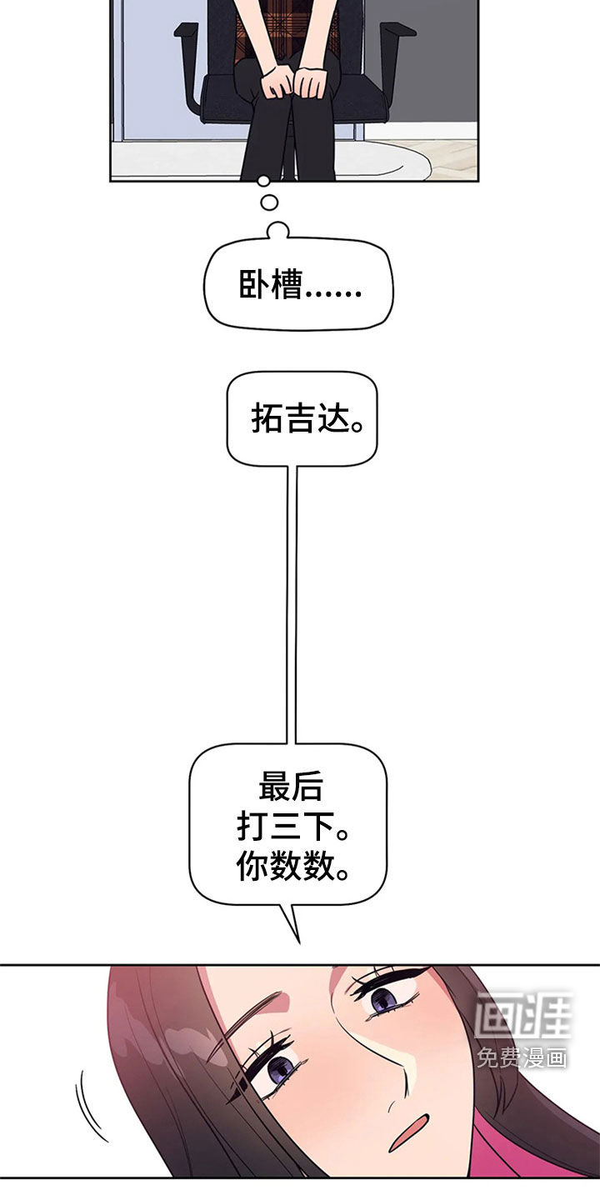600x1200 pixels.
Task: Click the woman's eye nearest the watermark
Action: click(382, 997)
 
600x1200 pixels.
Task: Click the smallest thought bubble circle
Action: click(263, 180)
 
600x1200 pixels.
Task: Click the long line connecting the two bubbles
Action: click(291, 600)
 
